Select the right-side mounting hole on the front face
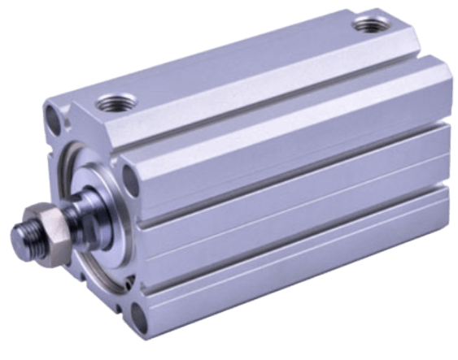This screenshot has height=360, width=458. coord(128,173)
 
